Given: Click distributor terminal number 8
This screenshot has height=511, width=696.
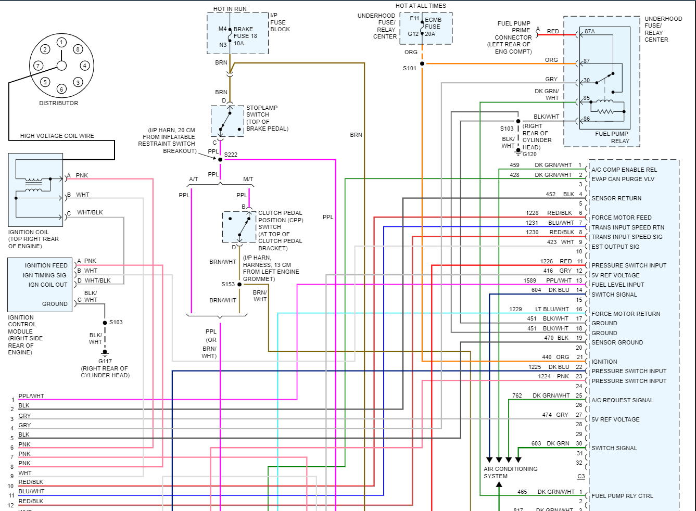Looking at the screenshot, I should coord(78,49).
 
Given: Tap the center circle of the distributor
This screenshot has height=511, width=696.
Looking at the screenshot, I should coord(61,66).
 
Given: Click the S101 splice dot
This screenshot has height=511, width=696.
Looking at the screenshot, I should coord(422,64).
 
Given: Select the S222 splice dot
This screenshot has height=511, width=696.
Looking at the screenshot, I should coord(220,159).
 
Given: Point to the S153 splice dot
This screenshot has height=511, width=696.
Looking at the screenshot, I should coord(239,284).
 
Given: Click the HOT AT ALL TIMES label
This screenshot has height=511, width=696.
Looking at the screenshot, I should coord(421,6).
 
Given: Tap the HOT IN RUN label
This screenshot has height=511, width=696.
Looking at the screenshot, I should coord(230,9).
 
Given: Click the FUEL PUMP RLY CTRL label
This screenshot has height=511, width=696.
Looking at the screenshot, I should coord(622,496).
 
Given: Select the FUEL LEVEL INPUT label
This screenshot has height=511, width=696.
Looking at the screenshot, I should coord(617,285).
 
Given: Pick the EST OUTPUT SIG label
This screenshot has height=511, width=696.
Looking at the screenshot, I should coord(615,247).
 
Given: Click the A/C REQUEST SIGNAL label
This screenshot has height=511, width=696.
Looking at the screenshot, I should coord(622,400).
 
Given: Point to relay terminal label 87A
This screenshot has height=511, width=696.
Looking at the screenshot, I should coord(589,31).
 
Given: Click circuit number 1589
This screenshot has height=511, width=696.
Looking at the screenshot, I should coord(530,280).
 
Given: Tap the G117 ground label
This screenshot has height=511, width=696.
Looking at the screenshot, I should coord(105,361).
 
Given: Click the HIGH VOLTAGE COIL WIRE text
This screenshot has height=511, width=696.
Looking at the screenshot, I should coord(57,136).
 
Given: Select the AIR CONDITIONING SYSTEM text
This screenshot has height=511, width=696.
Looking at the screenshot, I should coord(510,472).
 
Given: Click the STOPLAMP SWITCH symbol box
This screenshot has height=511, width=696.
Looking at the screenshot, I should coord(227,121).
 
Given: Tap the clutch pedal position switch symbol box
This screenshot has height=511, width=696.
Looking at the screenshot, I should coord(239,227).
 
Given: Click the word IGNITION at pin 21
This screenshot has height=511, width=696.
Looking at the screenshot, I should coord(604,362).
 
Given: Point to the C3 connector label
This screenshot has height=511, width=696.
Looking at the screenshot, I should coord(581,477).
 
